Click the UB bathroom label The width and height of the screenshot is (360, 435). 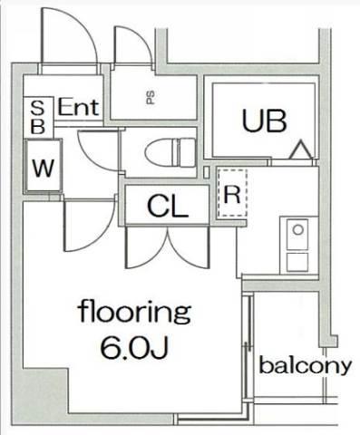[264, 121]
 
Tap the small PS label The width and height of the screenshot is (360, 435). [151, 97]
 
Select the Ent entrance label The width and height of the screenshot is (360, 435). [78, 107]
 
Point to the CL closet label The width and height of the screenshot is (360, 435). [168, 206]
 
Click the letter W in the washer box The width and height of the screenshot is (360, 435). [44, 168]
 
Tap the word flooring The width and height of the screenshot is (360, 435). [134, 311]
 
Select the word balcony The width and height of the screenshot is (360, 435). [306, 366]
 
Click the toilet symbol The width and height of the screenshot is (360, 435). [170, 152]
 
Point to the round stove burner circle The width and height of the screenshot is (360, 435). [298, 230]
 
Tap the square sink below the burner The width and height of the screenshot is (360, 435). [297, 262]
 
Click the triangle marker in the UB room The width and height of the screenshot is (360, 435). [300, 150]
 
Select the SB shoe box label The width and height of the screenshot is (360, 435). [38, 118]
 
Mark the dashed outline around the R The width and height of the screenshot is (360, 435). [232, 193]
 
